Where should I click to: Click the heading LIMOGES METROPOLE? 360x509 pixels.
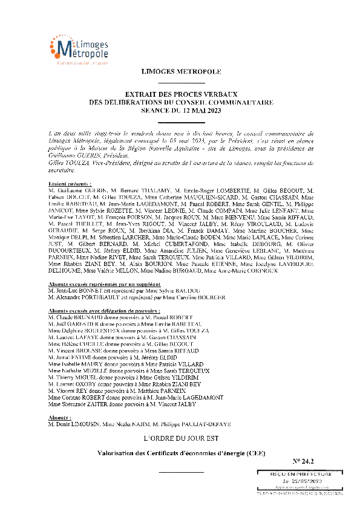pos(181,72)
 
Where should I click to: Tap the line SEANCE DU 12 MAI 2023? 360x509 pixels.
pos(181,111)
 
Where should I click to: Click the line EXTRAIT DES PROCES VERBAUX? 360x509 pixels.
pos(181,95)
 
